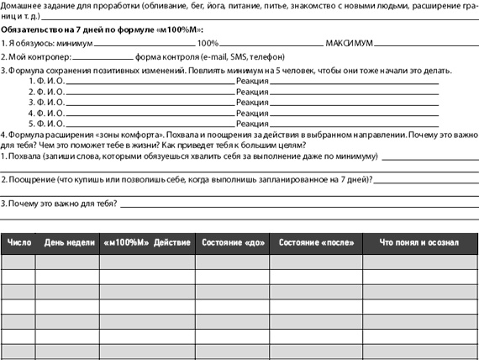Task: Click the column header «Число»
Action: [18, 243]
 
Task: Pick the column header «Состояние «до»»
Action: [232, 243]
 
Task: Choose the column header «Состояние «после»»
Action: [315, 243]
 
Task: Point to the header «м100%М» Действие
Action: [147, 243]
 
